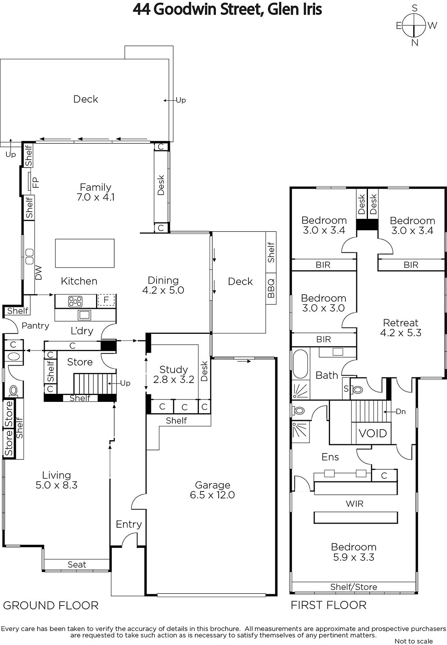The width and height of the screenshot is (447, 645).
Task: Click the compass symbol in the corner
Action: pos(414,26)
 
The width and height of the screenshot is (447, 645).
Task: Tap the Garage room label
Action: pos(212,485)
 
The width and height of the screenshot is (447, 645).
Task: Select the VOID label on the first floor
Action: pos(373,433)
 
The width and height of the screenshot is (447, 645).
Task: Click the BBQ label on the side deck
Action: pos(271,288)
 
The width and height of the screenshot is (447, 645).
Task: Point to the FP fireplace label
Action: pos(36,183)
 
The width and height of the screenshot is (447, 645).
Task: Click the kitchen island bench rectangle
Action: pos(85,253)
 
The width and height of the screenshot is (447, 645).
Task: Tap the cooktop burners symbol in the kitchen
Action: pos(75,302)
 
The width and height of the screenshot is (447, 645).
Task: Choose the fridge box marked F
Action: pos(106,300)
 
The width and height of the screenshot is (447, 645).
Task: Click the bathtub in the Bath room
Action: pos(300,364)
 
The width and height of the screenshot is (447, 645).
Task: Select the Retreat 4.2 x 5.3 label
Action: pos(401,328)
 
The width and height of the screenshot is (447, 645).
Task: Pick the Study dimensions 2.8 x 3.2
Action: pos(173,379)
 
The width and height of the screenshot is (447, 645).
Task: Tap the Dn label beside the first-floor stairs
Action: pos(401,412)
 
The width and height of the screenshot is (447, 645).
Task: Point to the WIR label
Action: pos(355,504)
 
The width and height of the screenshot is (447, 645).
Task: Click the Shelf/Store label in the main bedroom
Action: pos(354,587)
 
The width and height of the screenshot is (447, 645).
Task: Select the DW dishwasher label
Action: pos(38,273)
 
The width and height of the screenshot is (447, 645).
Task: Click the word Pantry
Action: pos(36,326)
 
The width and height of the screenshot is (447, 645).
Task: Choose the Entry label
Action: pos(129,524)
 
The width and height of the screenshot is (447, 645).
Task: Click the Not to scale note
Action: pos(414,641)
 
